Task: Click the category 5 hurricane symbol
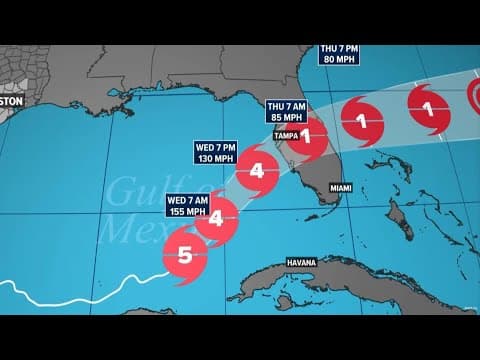(x=185, y=253)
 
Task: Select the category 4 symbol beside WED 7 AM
(x=216, y=216)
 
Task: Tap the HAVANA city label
(x=301, y=262)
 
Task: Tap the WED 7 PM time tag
(x=214, y=147)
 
